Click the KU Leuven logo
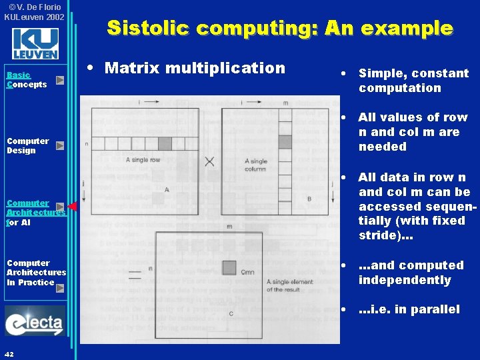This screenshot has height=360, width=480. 35,44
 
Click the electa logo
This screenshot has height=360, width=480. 35,322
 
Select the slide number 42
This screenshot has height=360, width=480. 10,353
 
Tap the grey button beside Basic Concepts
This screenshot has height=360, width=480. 60,80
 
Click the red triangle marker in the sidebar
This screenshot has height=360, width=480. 73,207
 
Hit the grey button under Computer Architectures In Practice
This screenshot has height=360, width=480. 60,288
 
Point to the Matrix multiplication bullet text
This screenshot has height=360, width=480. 195,68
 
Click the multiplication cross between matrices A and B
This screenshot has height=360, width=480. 209,161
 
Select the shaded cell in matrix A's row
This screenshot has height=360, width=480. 164,143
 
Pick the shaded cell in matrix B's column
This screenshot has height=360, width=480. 285,141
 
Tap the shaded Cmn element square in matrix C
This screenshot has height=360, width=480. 229,267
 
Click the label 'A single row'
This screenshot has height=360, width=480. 143,160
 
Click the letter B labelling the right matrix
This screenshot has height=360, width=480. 309,199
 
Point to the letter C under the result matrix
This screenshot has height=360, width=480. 231,313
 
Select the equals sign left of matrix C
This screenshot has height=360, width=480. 134,274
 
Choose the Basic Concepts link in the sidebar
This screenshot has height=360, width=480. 27,80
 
